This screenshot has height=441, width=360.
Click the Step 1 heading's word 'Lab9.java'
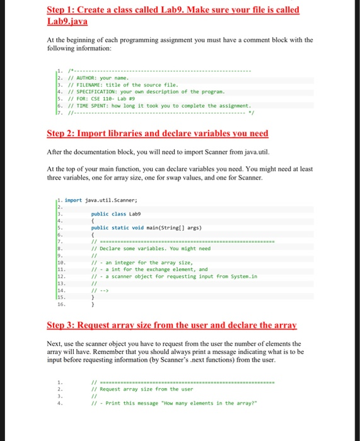coord(67,21)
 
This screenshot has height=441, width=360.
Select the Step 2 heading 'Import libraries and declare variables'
coord(158,134)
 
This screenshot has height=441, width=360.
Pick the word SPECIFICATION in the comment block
coord(95,92)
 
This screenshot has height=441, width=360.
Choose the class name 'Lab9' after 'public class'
coord(135,214)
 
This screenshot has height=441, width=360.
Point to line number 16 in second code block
coord(60,304)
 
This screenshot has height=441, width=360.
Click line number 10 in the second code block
coord(60,262)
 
